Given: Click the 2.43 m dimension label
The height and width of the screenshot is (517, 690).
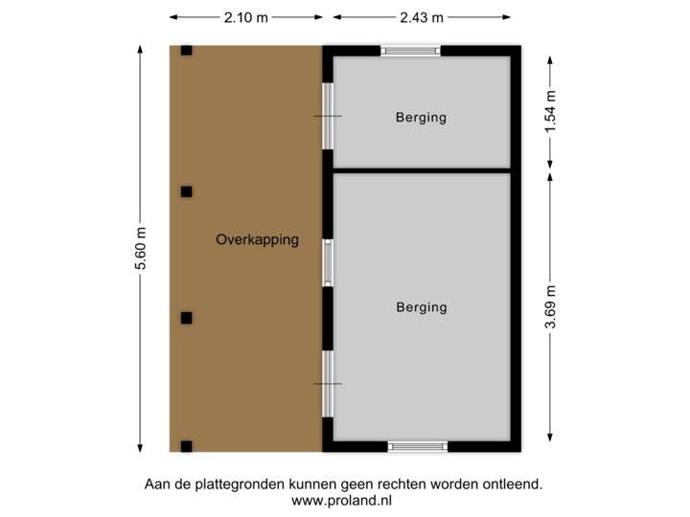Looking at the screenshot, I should [x=422, y=17].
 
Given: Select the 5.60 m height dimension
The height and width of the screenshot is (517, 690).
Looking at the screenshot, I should [x=141, y=248].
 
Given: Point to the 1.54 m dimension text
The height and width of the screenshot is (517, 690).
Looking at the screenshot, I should [x=550, y=112].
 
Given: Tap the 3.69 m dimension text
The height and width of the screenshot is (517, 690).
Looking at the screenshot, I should [x=550, y=306].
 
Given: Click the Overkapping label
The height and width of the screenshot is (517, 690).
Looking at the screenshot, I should [x=257, y=240].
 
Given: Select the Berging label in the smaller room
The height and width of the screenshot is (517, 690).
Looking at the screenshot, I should [x=421, y=119].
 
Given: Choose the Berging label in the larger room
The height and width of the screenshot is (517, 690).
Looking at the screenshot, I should [x=421, y=307].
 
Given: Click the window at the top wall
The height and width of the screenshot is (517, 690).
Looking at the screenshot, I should [x=409, y=51].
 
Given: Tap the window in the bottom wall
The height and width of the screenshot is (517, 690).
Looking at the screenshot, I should [x=417, y=446].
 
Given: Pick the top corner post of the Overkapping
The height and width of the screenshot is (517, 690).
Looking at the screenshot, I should [x=186, y=49].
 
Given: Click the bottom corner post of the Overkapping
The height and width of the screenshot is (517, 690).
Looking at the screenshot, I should [x=186, y=446].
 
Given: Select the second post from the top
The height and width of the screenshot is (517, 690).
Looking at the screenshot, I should [x=186, y=191].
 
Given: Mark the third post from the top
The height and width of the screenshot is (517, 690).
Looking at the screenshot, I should [x=186, y=318].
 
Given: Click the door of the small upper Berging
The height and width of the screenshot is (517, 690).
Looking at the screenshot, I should [x=328, y=116].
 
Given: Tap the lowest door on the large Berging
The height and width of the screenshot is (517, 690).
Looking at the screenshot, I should [x=328, y=383].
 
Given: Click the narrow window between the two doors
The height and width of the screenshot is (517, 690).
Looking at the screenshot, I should [x=328, y=262].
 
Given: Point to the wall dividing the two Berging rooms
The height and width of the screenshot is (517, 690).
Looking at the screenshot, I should [x=421, y=169].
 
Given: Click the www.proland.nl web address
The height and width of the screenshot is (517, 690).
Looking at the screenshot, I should [x=342, y=500].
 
